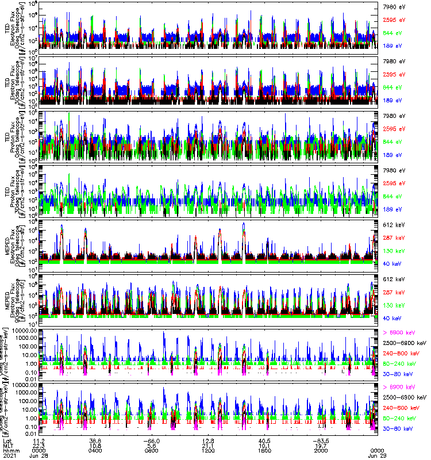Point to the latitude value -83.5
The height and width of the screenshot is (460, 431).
pyautogui.click(x=321, y=440)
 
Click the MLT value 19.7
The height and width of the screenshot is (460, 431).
pyautogui.click(x=321, y=445)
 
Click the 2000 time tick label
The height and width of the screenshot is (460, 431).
pyautogui.click(x=321, y=450)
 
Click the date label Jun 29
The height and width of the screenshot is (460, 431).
pyautogui.click(x=377, y=455)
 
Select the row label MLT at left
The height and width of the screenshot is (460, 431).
pyautogui.click(x=7, y=445)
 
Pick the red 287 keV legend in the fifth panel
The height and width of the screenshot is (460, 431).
pyautogui.click(x=391, y=237)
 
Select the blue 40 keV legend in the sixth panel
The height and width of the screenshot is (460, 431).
pyautogui.click(x=390, y=318)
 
